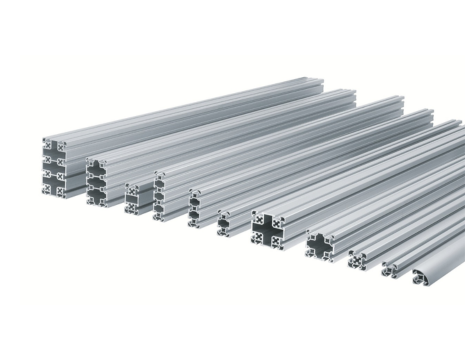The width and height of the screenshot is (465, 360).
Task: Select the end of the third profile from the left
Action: (133, 197)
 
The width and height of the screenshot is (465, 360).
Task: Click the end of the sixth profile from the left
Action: (227, 222)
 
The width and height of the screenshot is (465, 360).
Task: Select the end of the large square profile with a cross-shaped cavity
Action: (269, 230)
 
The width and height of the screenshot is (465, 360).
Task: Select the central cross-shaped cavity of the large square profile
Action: (269, 230)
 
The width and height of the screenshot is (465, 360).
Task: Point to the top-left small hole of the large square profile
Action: (257, 217)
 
